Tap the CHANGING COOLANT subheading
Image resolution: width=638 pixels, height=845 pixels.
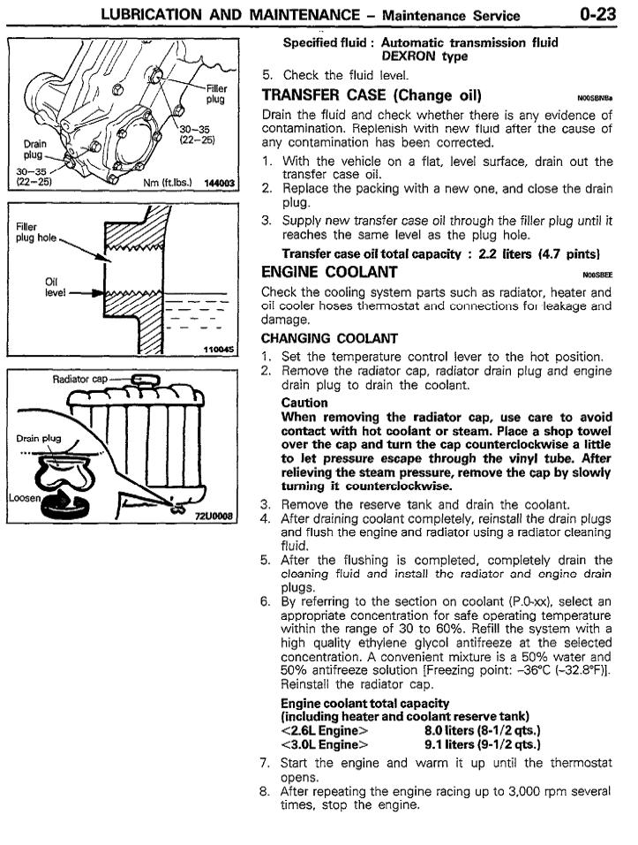point(323,337)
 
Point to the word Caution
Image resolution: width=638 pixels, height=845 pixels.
point(304,402)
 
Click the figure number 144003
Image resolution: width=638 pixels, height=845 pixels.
point(220,183)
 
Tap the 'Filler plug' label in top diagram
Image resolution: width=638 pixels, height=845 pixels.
point(215,94)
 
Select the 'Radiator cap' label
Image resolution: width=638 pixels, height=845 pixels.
point(79,379)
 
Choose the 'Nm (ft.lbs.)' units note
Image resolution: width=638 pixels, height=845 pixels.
point(165,183)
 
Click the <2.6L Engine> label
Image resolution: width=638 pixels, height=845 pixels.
point(324,730)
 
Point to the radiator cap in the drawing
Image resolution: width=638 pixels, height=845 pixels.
point(142,381)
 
